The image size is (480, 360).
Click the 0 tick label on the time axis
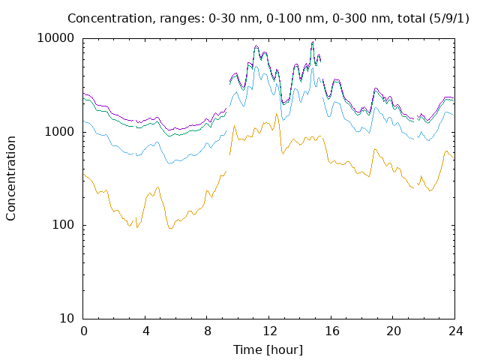click(x=83, y=331)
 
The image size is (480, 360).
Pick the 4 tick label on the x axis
click(x=145, y=331)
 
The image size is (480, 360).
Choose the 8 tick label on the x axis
click(x=208, y=331)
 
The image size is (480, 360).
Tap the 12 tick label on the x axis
click(x=270, y=331)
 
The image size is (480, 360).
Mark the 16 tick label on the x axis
click(x=331, y=331)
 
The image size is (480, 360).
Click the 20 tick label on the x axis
click(x=393, y=331)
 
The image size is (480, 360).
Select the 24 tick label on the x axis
click(x=455, y=331)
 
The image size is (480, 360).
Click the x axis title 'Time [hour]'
click(x=268, y=350)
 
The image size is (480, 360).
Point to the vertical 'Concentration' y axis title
click(x=10, y=178)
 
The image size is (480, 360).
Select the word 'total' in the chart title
click(x=411, y=18)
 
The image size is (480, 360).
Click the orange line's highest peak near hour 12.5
click(x=276, y=113)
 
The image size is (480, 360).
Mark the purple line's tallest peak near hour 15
click(x=313, y=42)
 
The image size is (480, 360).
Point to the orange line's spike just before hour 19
click(x=374, y=149)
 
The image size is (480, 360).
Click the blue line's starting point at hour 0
click(x=83, y=121)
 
